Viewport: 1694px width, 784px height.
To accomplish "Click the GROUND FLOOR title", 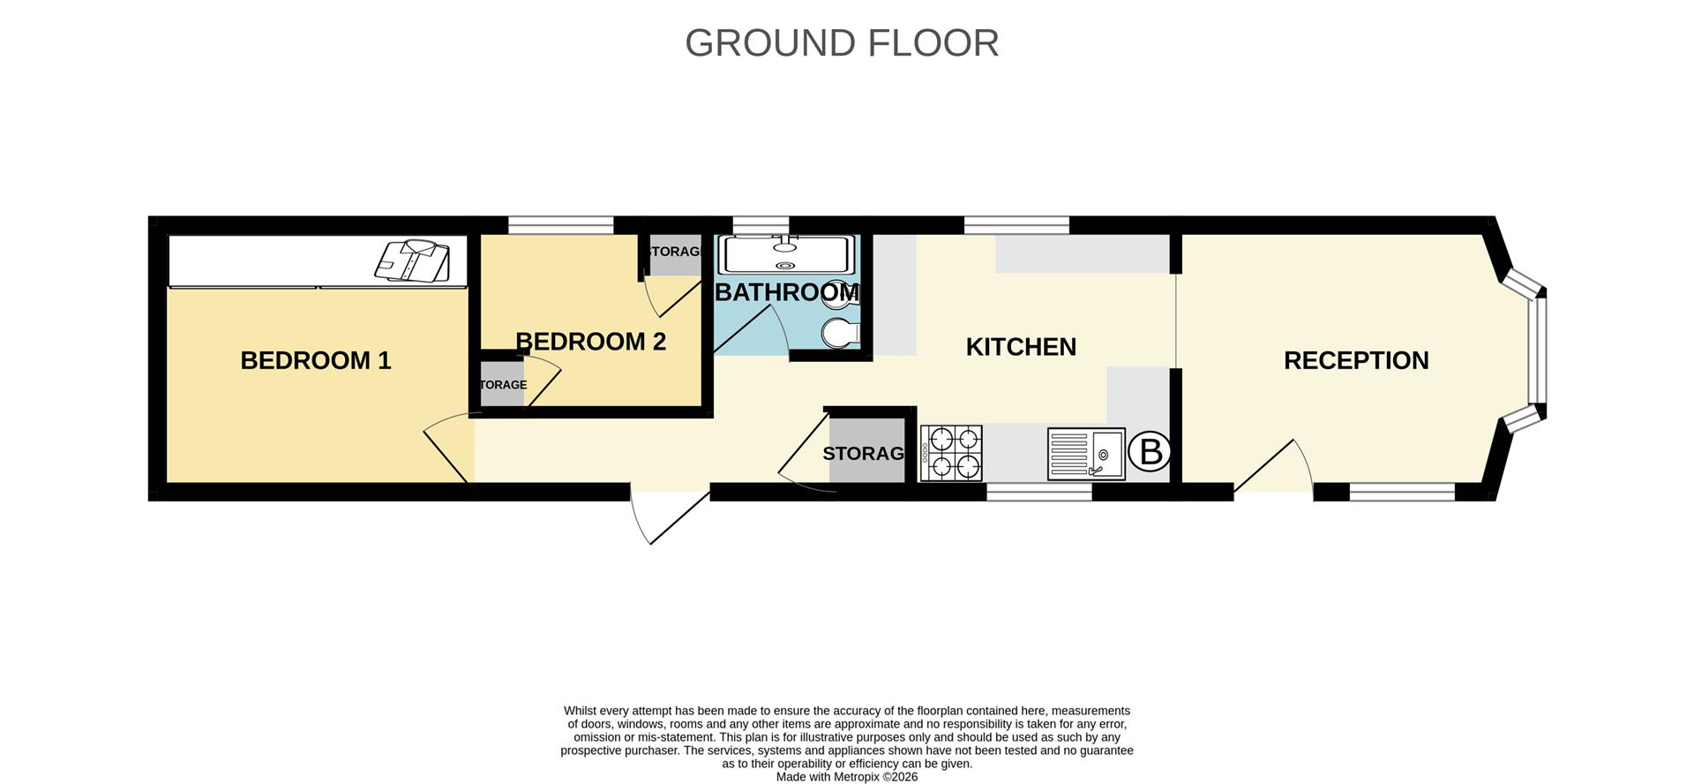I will (x=842, y=43).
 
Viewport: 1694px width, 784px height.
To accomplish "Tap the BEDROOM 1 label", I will (x=315, y=360).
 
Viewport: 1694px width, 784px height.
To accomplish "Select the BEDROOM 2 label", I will (x=590, y=342).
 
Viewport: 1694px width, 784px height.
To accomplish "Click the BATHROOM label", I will (x=786, y=292).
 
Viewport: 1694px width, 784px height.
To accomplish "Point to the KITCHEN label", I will (x=1021, y=347).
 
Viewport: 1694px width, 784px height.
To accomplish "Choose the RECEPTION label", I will (x=1355, y=360).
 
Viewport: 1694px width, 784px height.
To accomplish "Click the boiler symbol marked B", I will (x=1151, y=452).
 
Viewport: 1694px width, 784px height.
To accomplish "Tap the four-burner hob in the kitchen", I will (x=951, y=453).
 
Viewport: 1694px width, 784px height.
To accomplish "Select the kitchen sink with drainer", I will (x=1086, y=453).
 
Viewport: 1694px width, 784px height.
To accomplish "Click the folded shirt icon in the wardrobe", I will (x=413, y=260).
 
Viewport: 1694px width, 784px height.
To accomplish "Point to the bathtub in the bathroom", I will (x=786, y=254).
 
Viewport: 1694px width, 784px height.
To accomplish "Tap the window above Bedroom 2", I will (x=560, y=225).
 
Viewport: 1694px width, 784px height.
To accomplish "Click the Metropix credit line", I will (x=846, y=777).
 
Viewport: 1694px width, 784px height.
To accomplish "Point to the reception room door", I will (x=1273, y=466).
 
